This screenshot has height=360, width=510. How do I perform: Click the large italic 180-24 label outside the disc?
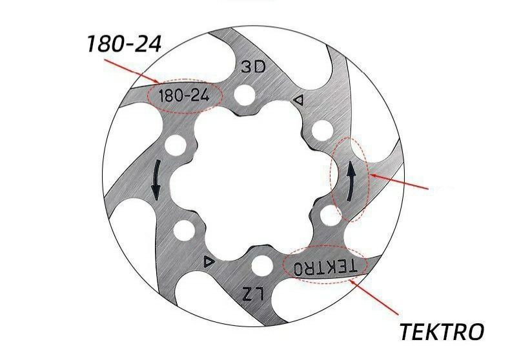click(123, 45)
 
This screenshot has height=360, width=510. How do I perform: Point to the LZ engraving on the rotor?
click(254, 293)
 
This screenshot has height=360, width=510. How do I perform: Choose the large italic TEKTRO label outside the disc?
click(442, 332)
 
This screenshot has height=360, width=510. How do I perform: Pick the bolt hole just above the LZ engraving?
click(262, 264)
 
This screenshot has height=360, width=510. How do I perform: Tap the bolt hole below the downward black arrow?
click(183, 229)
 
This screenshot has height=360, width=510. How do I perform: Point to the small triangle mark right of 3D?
click(298, 100)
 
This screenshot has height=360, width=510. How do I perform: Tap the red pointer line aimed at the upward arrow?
click(400, 183)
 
